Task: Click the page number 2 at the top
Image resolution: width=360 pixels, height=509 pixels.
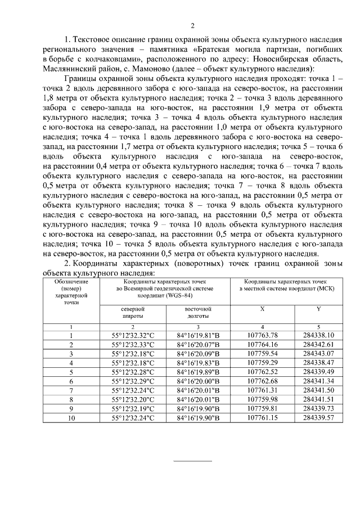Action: pos(192,25)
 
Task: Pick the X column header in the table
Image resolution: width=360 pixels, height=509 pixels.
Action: pos(262,309)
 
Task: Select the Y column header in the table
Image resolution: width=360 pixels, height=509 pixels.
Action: pos(318,309)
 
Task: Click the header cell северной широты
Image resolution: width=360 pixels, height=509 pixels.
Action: pos(133,312)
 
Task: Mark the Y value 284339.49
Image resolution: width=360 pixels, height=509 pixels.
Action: pos(318,372)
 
